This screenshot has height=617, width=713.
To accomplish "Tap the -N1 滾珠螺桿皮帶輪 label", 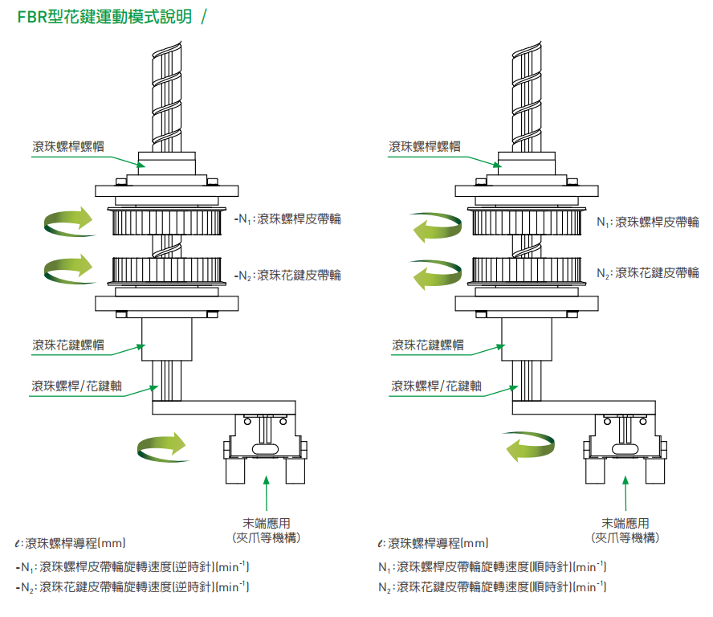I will tap(287, 219).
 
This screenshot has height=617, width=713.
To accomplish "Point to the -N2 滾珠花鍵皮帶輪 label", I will tap(287, 275).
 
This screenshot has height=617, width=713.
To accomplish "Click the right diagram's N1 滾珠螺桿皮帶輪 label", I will tap(647, 222).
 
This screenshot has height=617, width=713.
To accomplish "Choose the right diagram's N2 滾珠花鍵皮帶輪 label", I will tap(647, 273).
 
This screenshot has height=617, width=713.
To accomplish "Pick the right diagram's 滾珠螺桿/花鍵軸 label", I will tap(436, 386).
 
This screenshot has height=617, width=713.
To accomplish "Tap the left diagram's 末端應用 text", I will tap(266, 523).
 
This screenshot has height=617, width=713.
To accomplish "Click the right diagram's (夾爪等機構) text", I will tap(625, 537).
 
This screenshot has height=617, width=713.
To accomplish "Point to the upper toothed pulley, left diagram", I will tap(167, 221).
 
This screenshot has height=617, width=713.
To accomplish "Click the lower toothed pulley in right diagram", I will tap(526, 269).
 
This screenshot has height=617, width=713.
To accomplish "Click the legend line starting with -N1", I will tap(132, 567).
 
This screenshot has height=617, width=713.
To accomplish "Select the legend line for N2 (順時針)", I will tap(491, 587).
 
